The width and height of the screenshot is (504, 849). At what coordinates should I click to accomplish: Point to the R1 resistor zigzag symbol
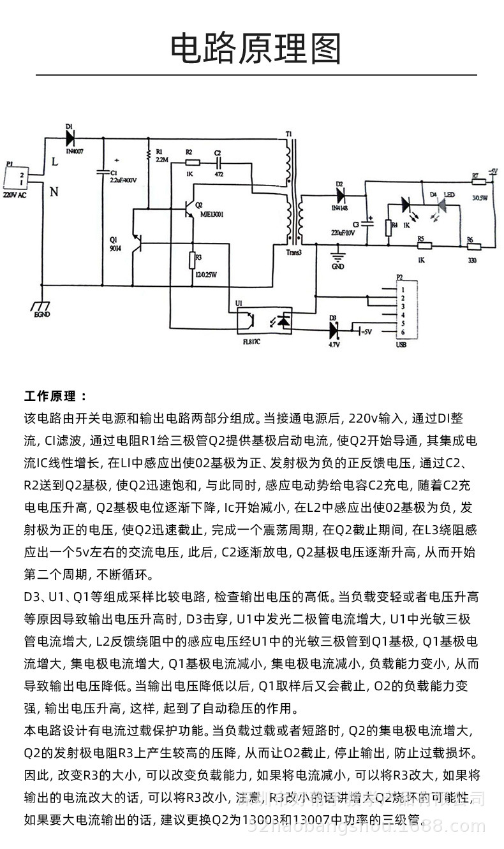(149, 153)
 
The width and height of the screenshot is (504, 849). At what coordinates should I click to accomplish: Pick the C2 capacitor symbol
(219, 163)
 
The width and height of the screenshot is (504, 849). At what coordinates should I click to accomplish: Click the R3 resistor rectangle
(191, 261)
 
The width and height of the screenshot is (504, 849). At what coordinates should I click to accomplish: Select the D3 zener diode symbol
(333, 330)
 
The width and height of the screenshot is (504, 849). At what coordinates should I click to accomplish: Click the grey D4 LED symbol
(440, 205)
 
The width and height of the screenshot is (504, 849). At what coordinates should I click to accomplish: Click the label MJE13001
(213, 214)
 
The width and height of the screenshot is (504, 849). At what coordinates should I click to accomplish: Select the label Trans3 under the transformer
(289, 252)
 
